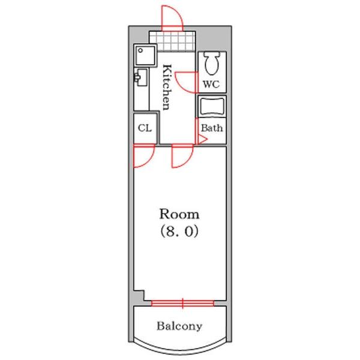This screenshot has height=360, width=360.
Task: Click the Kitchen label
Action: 167,88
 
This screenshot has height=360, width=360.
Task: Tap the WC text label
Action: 211,85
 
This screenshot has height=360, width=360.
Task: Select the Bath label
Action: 212,128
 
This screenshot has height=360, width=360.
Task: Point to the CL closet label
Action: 145,128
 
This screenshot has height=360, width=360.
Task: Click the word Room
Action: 179,214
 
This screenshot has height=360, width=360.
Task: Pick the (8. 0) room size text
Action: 179,231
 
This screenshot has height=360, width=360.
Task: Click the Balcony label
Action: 179,326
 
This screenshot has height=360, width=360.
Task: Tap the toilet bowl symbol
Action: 212,62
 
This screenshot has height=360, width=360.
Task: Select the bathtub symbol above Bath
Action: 212,107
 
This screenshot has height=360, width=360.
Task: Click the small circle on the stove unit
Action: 140,50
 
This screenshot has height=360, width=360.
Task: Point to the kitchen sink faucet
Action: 137,77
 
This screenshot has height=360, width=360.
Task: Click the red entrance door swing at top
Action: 172,17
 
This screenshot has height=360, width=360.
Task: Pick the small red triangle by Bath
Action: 203,140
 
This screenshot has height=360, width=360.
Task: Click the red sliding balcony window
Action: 182,303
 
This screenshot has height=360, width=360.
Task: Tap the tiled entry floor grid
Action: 172,41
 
